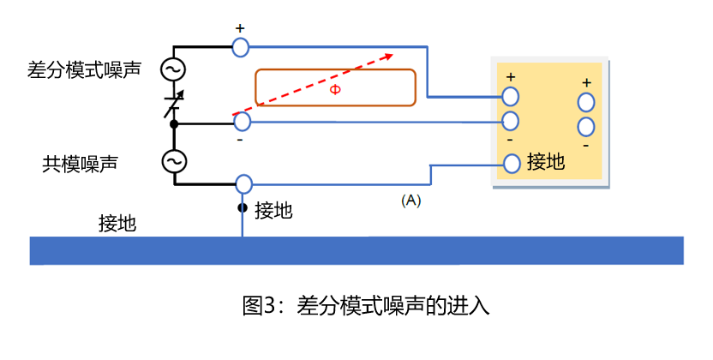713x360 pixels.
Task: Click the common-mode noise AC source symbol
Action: (175, 161)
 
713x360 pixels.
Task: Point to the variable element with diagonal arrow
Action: (175, 103)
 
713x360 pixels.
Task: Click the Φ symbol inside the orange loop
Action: (335, 88)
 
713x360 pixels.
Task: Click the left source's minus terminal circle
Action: (243, 123)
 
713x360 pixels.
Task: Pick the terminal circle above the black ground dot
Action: (243, 183)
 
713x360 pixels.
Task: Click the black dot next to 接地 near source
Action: (243, 208)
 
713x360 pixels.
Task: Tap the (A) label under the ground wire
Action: (410, 201)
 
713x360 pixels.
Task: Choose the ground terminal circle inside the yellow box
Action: (512, 163)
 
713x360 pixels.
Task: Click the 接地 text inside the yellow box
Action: (546, 162)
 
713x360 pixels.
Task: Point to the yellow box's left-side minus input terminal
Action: (511, 121)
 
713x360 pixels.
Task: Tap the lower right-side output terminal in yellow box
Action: (586, 128)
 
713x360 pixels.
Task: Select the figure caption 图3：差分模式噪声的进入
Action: (366, 305)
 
